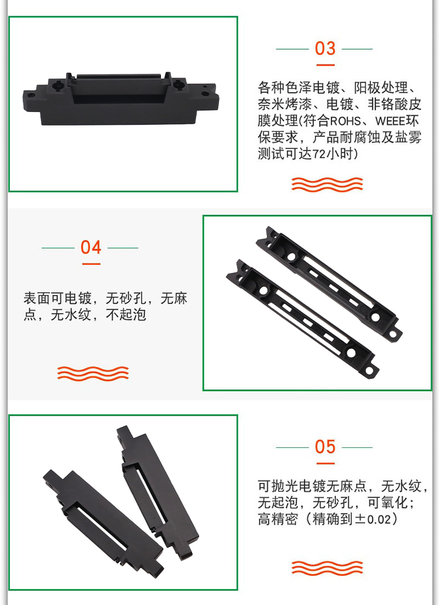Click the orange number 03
click(325, 49)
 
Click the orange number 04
click(91, 247)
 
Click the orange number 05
click(325, 447)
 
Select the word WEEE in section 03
click(390, 121)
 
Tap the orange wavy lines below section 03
click(327, 185)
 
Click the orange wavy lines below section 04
click(93, 373)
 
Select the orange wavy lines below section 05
click(327, 568)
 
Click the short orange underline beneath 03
click(325, 65)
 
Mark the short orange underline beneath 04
click(91, 264)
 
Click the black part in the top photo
click(121, 98)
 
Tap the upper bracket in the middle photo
click(329, 282)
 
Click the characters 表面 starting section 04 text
click(37, 298)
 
